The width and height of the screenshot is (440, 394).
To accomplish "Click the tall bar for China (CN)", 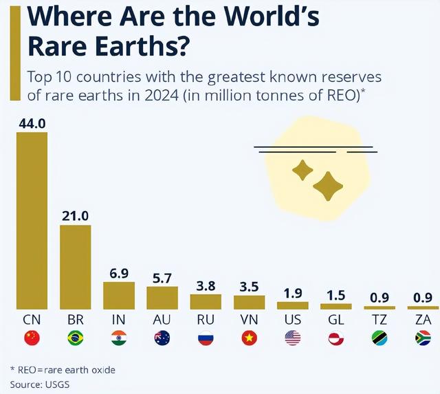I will click(x=32, y=220).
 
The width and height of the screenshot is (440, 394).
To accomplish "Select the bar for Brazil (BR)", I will click(x=75, y=267).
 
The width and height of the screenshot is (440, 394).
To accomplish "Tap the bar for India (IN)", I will click(x=119, y=295).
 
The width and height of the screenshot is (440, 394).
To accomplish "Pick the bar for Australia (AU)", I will click(x=162, y=298).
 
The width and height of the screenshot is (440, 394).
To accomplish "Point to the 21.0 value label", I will click(x=75, y=215).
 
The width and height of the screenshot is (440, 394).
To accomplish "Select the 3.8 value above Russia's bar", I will click(x=206, y=285).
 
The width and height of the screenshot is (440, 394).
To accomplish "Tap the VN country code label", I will click(x=249, y=320).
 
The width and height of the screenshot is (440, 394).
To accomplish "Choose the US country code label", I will click(x=292, y=320).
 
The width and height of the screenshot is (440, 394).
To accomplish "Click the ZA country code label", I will click(x=423, y=320).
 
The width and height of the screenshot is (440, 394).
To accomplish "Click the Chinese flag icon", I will click(x=32, y=338).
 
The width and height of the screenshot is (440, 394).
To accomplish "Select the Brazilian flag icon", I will click(x=75, y=338).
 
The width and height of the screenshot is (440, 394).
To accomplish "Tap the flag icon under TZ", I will click(x=379, y=338).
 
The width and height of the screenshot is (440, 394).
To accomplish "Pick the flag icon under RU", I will click(x=206, y=338).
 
